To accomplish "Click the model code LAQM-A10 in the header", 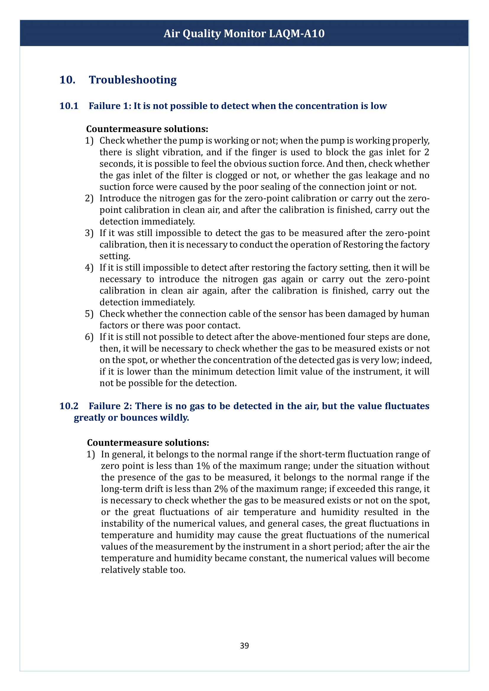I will coord(297,33).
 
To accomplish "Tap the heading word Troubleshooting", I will coord(133,80).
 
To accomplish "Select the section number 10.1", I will coord(69,106).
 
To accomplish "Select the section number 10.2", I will coord(69,406).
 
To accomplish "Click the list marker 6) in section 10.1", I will coord(89,337).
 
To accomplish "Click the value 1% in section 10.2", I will coord(203,466).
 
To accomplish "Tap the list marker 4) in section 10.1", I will coord(89,268).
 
